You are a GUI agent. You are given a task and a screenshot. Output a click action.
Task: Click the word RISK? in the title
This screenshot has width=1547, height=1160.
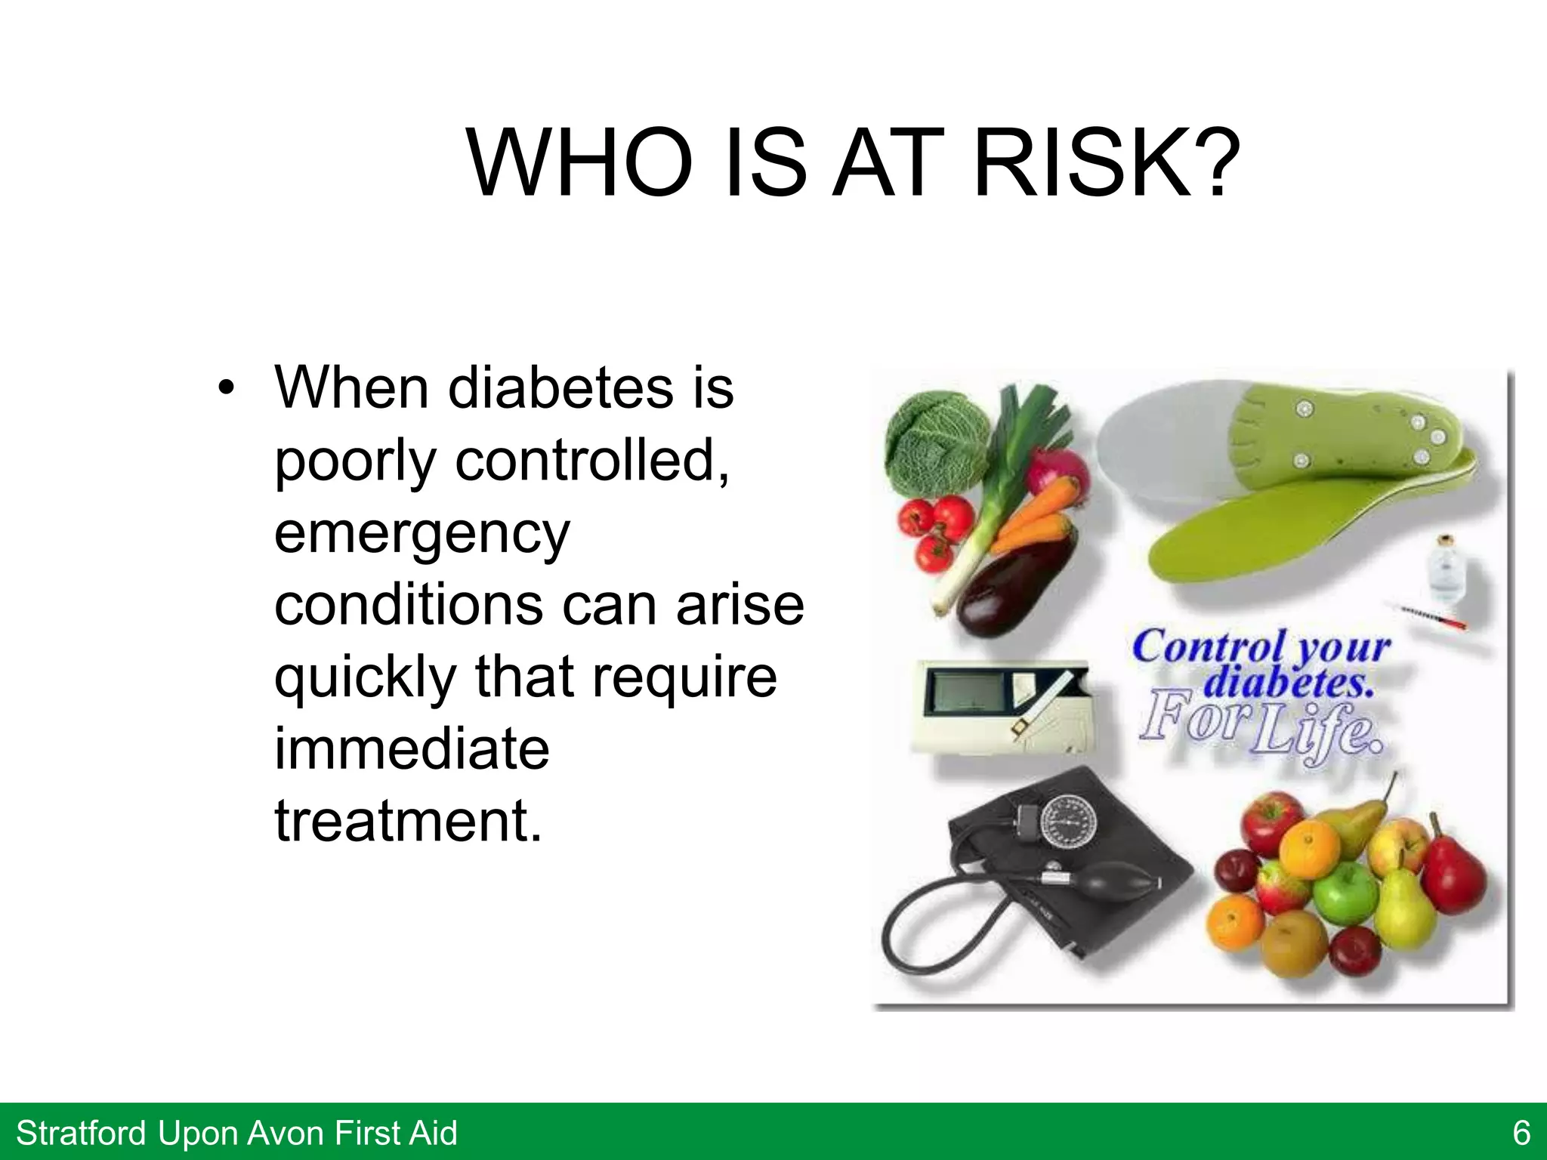click(x=1107, y=163)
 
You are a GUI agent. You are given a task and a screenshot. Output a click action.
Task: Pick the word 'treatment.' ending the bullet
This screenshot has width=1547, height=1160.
click(x=408, y=820)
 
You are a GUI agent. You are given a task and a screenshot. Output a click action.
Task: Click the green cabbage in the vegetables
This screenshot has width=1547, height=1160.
click(x=935, y=442)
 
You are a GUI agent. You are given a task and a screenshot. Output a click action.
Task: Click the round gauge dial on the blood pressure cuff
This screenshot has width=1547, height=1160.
click(x=1070, y=827)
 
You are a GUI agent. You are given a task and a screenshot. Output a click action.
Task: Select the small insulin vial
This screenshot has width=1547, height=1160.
click(x=1444, y=570)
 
